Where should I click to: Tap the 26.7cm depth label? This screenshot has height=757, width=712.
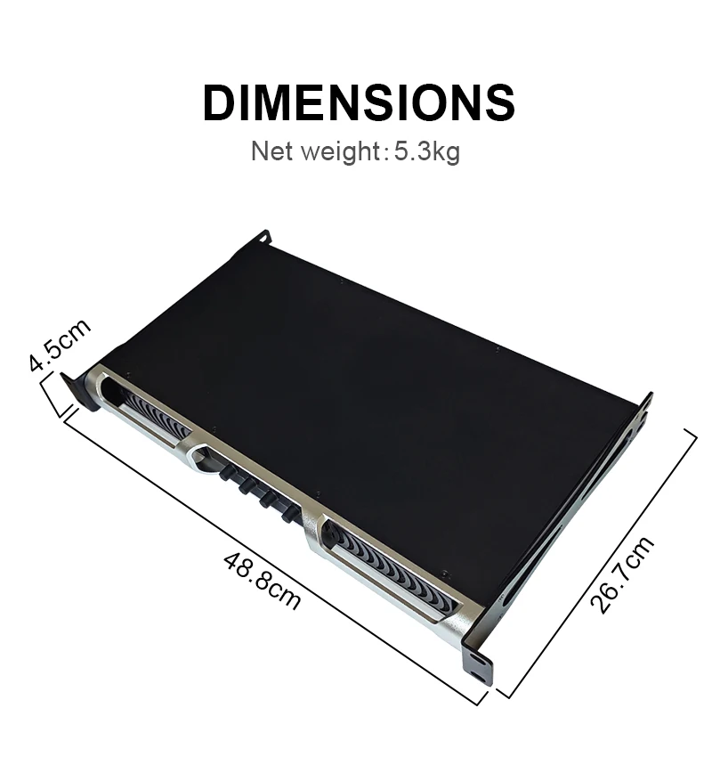pos(622,574)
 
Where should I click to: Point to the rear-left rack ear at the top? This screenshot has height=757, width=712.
pos(261,238)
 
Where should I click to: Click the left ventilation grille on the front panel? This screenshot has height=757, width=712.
pos(157,416)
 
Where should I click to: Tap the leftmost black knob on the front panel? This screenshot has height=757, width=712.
pos(223,471)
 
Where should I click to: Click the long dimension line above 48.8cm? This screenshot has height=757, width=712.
pos(267,553)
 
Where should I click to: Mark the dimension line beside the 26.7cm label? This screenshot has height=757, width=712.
pos(597,560)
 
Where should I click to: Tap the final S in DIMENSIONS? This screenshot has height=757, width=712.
pos(499,102)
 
